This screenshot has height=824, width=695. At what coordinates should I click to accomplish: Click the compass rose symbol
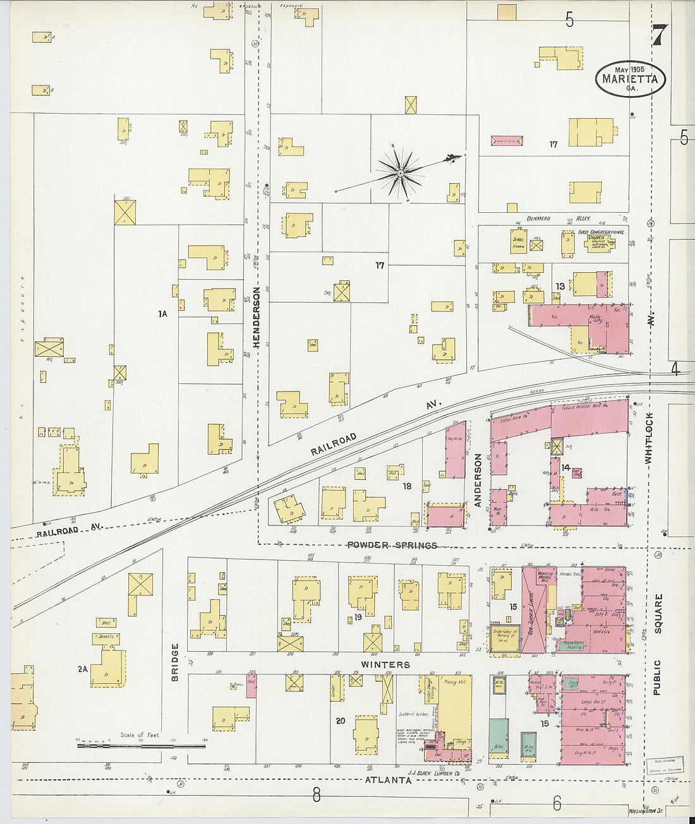(x=401, y=172)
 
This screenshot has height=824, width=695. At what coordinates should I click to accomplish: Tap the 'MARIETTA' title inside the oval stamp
(x=630, y=80)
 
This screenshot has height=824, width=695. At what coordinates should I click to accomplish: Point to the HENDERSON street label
(x=256, y=317)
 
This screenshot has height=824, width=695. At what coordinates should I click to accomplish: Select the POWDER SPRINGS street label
(x=392, y=545)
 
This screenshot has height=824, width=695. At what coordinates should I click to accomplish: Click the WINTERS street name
(x=385, y=664)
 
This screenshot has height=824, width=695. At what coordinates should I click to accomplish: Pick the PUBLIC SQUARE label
(x=657, y=644)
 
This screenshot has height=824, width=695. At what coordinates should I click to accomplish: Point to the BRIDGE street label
(x=174, y=662)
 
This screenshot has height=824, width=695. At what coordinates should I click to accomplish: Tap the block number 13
(x=560, y=287)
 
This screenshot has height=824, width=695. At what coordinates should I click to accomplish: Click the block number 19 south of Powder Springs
(x=358, y=617)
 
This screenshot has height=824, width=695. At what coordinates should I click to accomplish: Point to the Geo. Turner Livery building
(x=534, y=609)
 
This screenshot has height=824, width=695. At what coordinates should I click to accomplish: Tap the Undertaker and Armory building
(x=504, y=638)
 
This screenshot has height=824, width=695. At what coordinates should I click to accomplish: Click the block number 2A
(x=82, y=669)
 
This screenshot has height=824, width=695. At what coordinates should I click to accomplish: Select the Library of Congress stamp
(x=665, y=765)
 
